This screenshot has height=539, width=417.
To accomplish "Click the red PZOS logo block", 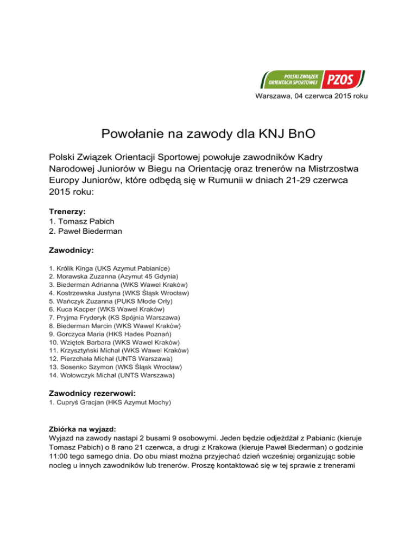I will pos(340,80).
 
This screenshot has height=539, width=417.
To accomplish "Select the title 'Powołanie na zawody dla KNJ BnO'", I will pos(208,133).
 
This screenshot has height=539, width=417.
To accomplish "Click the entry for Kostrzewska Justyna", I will pos(119,293).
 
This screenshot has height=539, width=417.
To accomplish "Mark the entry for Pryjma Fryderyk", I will pos(116,317).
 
